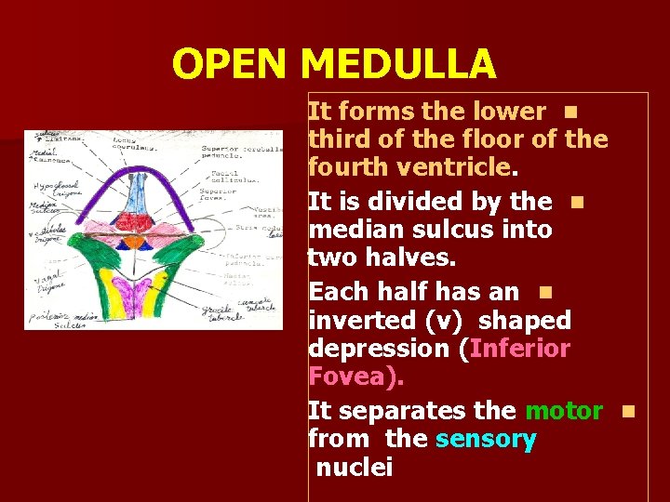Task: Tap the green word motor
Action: tap(564, 410)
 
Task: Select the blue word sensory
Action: tap(486, 440)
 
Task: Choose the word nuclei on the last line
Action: tap(355, 468)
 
